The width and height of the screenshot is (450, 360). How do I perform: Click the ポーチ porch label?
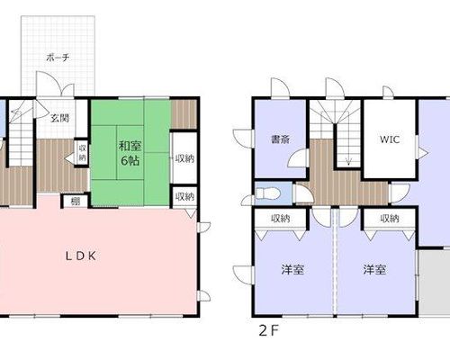pos(58,58)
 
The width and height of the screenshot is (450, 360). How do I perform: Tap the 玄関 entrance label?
pos(59,118)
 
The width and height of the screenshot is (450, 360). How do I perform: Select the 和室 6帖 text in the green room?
pos(130,154)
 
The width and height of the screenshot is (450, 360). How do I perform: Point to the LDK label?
pos(81,256)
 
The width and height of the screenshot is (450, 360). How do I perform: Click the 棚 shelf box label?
pos(76,202)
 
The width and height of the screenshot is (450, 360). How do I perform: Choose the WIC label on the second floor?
pos(390,139)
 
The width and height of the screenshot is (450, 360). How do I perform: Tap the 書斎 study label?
pos(280,139)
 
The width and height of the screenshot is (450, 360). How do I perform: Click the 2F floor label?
pos(269,331)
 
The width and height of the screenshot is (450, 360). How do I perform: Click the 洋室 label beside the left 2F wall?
pos(292,269)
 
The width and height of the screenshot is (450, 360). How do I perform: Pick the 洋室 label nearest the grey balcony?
pos(374,269)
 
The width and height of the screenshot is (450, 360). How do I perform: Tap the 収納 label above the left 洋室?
pos(281,219)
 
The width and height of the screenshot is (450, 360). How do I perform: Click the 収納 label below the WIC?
pos(390,219)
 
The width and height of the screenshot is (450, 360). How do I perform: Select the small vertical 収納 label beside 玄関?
pos(83,152)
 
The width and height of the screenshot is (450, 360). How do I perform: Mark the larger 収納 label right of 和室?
pos(185,158)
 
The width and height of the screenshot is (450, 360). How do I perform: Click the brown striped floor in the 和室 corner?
pos(184,114)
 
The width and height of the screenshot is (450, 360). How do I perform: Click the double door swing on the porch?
pos(55,84)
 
